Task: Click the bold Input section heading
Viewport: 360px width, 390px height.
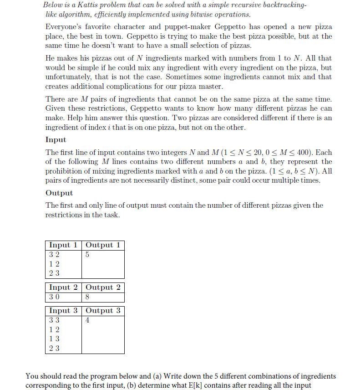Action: [x=56, y=140]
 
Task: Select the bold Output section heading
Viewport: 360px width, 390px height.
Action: [x=59, y=193]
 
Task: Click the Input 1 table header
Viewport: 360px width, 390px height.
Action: [x=63, y=245]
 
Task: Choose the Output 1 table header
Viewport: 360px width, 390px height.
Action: [x=103, y=245]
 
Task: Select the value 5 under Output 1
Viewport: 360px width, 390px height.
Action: [x=87, y=255]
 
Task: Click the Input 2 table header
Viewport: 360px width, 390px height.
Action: [x=63, y=287]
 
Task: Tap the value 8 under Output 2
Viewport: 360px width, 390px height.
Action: [x=87, y=297]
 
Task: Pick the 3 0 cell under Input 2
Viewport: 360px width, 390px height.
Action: [x=54, y=297]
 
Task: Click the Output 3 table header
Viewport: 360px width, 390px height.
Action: [x=103, y=311]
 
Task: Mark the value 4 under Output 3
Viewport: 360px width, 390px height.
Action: [x=87, y=320]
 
